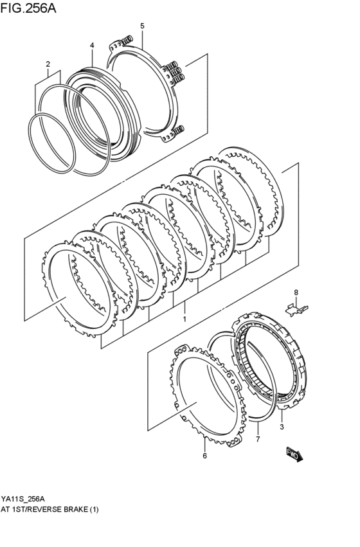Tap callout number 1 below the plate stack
pos(184,319)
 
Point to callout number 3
pos(281,426)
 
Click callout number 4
pos(92,46)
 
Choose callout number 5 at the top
pos(142,26)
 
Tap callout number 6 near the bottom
pos(204,456)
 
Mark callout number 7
pos(257,440)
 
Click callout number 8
pos(296,293)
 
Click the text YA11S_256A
pos(23,499)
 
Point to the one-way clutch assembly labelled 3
pos(273,360)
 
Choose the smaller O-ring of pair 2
pos(50,145)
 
